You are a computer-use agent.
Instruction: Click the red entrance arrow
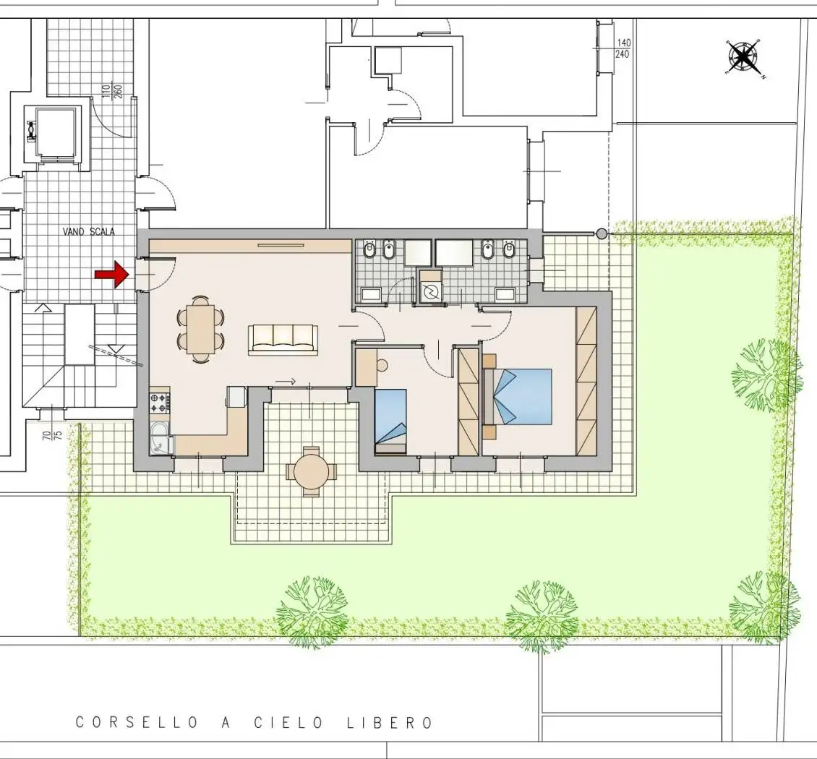point(111,274)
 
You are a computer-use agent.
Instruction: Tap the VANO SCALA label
point(89,232)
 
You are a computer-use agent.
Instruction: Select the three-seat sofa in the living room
point(283,340)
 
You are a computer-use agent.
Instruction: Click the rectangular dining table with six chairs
point(201,329)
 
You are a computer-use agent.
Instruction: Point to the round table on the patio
point(311,471)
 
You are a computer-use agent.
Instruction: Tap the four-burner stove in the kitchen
point(160,402)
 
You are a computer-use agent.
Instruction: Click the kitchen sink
point(161,437)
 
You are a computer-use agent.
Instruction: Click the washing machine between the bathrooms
point(431,292)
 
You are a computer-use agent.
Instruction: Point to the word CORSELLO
point(137,723)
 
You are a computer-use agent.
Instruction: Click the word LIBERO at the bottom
point(389,723)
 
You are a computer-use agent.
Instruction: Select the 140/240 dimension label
point(623,48)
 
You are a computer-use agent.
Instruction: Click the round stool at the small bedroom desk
point(382,365)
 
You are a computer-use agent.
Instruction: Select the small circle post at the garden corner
point(602,234)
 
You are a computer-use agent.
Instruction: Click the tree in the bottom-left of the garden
point(312,611)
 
